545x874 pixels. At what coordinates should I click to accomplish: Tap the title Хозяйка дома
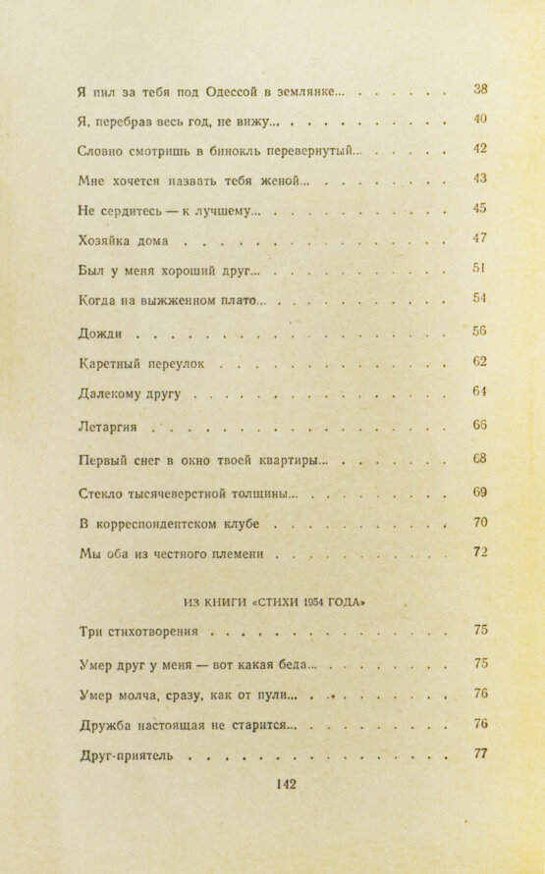tap(123, 239)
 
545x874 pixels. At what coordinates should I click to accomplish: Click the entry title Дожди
tap(99, 333)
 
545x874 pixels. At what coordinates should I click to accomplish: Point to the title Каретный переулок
tap(140, 364)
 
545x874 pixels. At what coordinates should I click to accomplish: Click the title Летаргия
tap(112, 428)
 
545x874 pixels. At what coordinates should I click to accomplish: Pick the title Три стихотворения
tap(137, 632)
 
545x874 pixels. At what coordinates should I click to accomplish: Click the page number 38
tap(480, 90)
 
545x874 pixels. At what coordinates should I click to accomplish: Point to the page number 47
tap(480, 237)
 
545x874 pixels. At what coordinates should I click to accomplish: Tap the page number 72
tap(480, 551)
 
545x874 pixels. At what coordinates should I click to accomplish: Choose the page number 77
tap(480, 754)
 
